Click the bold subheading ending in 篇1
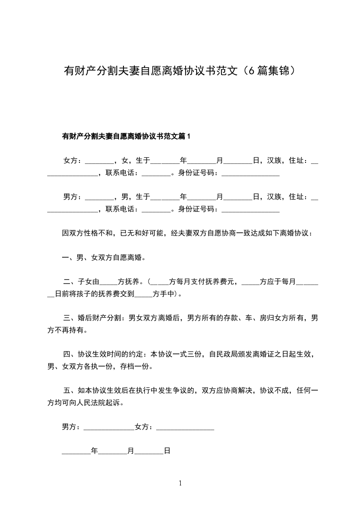[126, 136]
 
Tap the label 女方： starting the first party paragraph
[73, 160]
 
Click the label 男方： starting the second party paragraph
[73, 196]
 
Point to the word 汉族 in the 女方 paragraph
[274, 160]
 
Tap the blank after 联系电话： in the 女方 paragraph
[156, 174]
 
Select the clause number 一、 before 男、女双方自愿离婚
[69, 258]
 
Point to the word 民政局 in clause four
[220, 353]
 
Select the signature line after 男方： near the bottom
[109, 428]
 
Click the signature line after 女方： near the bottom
[185, 428]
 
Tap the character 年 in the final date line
[94, 451]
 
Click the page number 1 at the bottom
[180, 484]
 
